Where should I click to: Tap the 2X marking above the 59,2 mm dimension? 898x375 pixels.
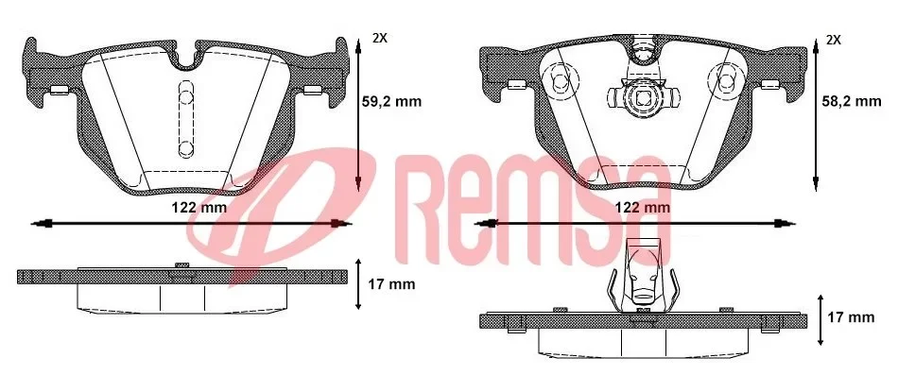379,39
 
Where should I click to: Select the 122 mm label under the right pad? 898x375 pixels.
644,207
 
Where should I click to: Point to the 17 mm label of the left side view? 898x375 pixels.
389,282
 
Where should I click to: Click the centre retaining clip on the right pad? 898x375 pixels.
642,95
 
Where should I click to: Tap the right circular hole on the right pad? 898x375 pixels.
726,84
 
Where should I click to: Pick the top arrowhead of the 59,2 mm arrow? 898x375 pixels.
360,40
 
